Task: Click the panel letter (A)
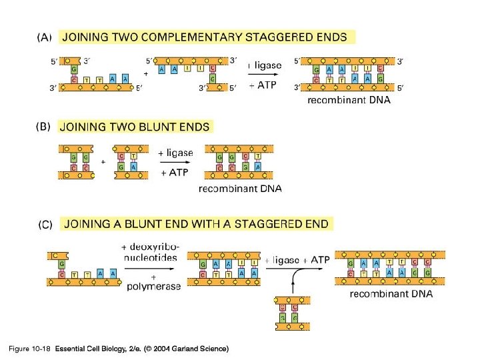(x=43, y=37)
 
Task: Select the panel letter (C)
(x=43, y=225)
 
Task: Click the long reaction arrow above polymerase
(x=151, y=269)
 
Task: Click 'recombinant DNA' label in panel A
(x=349, y=101)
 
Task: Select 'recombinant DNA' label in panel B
(x=240, y=189)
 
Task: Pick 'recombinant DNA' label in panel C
(x=391, y=293)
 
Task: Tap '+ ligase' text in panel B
(x=175, y=153)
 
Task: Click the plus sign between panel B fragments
(x=103, y=161)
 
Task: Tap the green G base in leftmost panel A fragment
(x=72, y=69)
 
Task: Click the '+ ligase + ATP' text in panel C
(x=297, y=260)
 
